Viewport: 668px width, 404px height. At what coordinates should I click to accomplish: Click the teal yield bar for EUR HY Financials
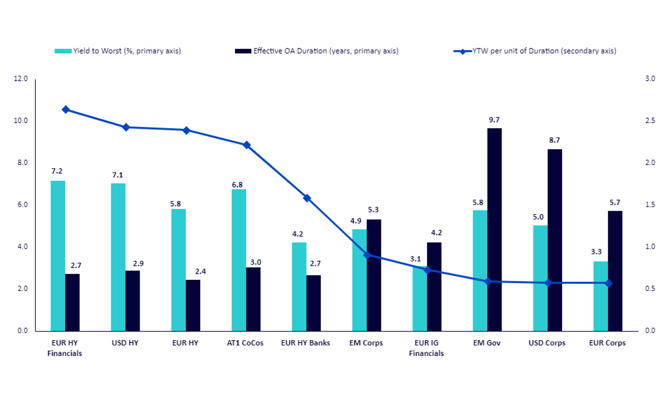coord(58,256)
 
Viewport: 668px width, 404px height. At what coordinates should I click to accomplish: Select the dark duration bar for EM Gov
coord(494,230)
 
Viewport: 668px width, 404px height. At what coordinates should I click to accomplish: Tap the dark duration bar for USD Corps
coord(554,240)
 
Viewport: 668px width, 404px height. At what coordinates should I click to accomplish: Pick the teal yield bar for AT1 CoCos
coord(239,260)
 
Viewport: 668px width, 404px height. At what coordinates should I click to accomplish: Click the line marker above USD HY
coord(126,128)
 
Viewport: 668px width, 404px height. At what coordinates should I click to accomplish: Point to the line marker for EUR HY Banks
coord(307,198)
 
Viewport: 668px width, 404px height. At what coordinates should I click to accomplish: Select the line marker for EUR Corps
coord(608,284)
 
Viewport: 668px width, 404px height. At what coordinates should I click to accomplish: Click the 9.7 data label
coord(494,120)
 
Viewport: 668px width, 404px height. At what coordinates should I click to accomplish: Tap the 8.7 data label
coord(554,140)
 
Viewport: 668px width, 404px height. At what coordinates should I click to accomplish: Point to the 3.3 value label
coord(596,252)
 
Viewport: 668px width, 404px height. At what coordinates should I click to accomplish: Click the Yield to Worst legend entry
coord(118,51)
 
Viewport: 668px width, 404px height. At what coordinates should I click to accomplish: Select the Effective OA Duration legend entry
coord(317,51)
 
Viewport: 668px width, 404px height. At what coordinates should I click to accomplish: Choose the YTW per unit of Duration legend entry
coord(535,51)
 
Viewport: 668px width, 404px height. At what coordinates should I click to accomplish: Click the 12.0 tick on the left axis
coord(21,79)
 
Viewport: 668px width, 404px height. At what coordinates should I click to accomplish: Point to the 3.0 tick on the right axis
coord(650,79)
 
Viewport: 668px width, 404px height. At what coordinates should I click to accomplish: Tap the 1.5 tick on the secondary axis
coord(650,205)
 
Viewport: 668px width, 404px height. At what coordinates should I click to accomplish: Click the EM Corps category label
coord(366,343)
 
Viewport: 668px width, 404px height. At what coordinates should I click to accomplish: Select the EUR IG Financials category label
coord(426,348)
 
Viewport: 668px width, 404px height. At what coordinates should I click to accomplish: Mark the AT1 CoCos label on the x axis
coord(245,343)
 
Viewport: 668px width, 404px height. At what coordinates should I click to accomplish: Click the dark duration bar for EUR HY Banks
coord(314,303)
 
